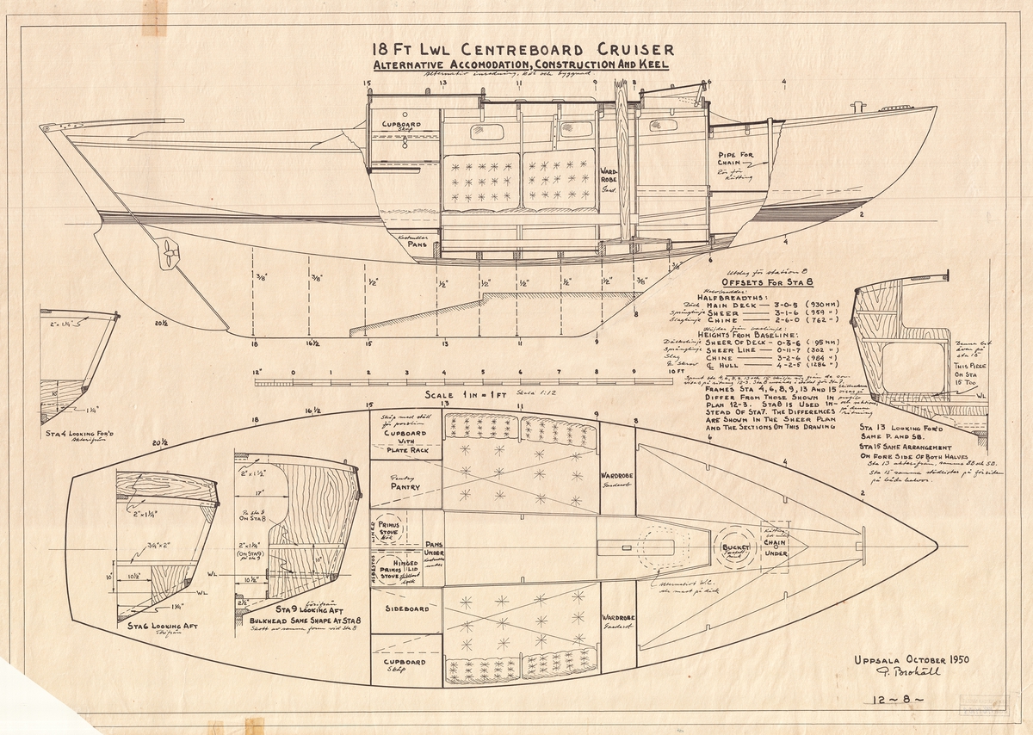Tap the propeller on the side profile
168,253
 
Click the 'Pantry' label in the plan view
405,487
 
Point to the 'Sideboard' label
405,608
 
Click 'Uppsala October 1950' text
912,660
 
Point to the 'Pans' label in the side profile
417,244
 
